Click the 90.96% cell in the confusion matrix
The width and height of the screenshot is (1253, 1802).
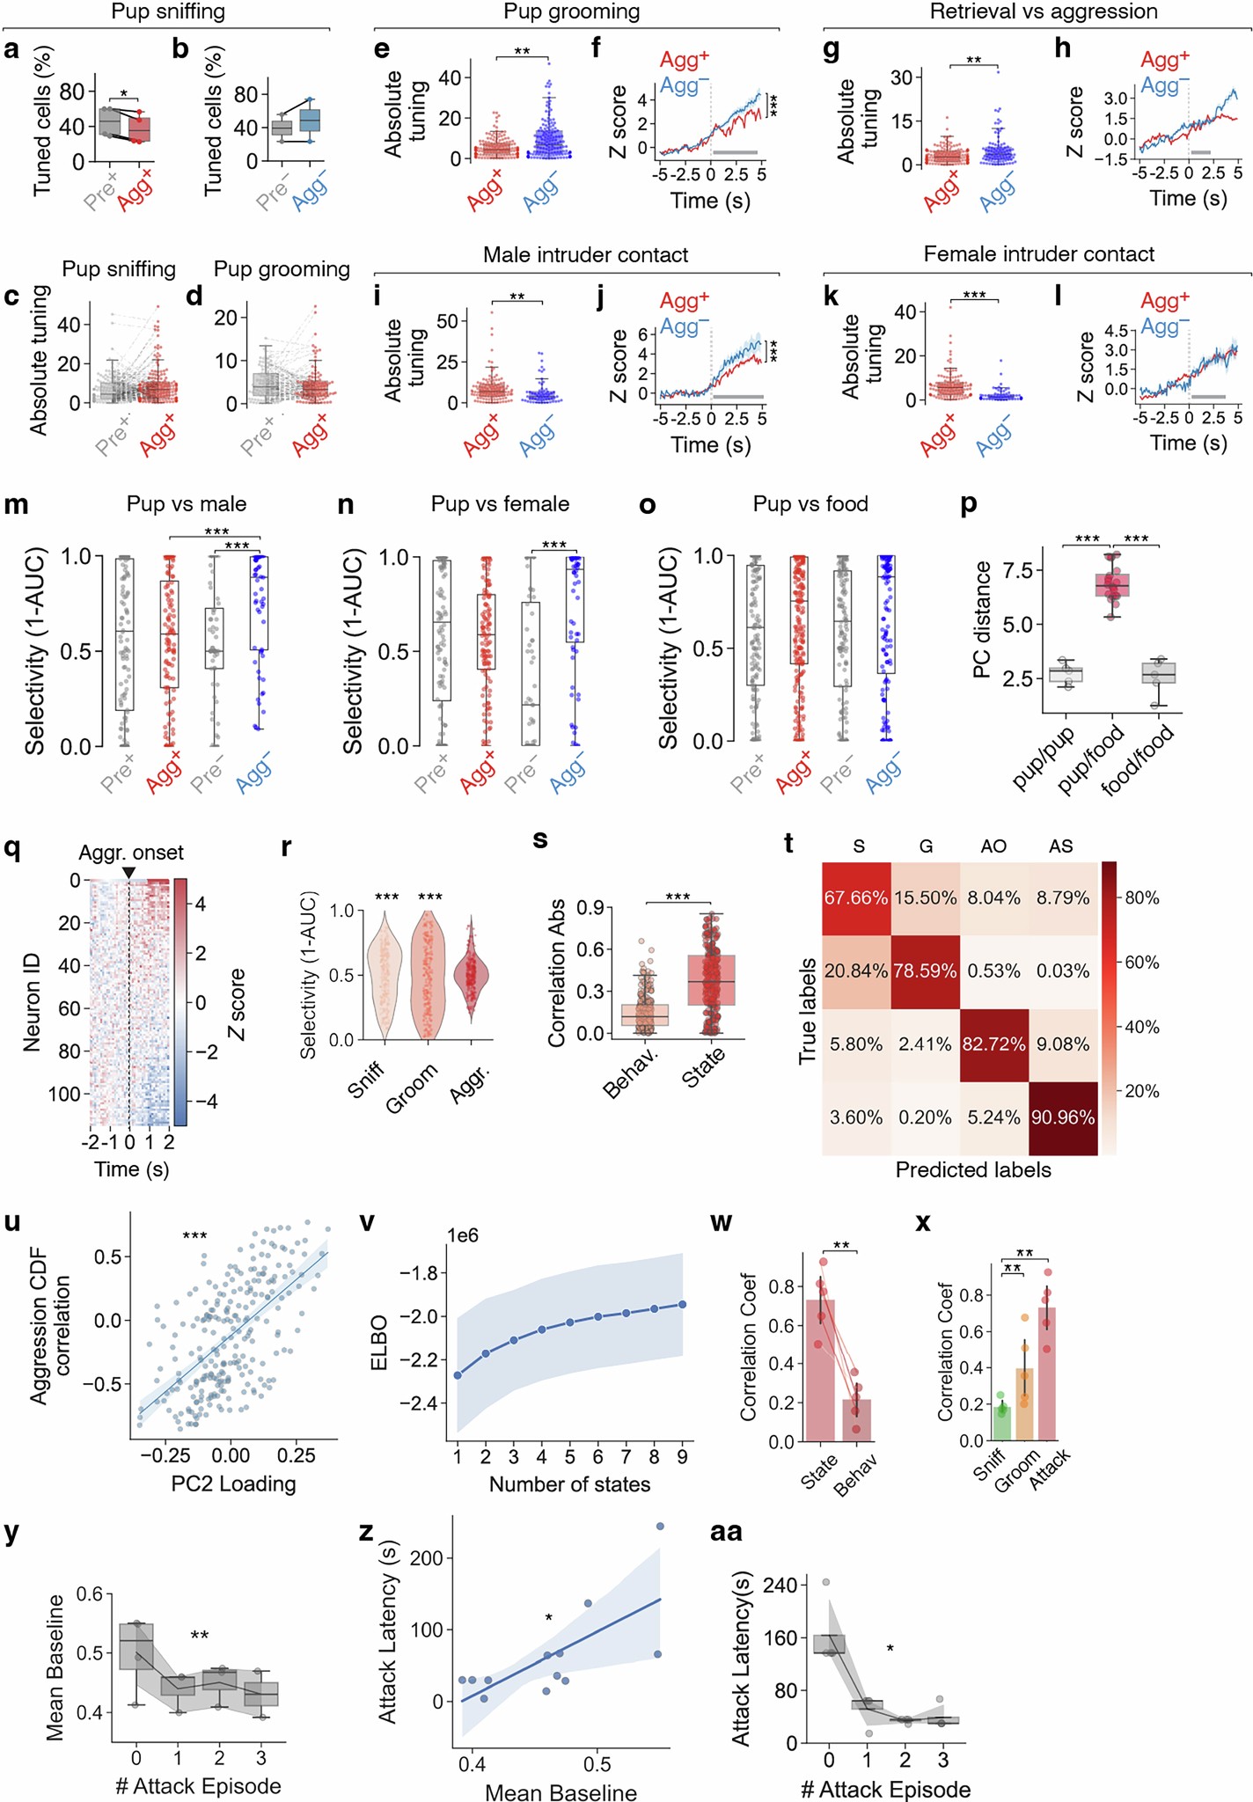(1063, 1117)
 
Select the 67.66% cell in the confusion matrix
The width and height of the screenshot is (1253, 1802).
(856, 898)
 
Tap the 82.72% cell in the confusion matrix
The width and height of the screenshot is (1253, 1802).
(993, 1044)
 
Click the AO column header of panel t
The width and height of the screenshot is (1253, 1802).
(993, 846)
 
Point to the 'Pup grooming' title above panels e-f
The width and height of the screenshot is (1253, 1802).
(571, 12)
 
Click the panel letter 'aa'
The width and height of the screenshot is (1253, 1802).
(726, 1532)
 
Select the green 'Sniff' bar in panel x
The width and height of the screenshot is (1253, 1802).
(1001, 1423)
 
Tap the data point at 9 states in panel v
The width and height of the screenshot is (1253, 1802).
(682, 1304)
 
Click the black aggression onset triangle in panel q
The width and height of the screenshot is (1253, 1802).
(129, 872)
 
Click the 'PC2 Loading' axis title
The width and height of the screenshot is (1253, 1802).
(233, 1483)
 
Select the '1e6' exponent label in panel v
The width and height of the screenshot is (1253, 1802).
(463, 1236)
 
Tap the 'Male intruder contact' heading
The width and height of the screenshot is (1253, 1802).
(585, 255)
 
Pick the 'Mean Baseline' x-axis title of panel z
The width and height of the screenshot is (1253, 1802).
(561, 1792)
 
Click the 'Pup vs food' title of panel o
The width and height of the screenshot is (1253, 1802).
(810, 504)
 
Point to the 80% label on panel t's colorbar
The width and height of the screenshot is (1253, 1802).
(1141, 898)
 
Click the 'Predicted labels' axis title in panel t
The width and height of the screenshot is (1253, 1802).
(972, 1170)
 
